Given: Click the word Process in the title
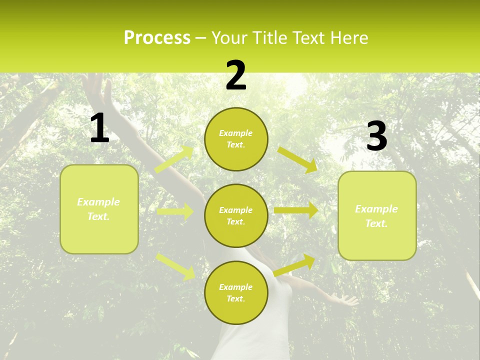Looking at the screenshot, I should coord(157,38).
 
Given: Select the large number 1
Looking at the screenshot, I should coord(99,128).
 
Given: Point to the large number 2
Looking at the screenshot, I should coord(236,75).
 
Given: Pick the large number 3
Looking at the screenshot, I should coord(376,136).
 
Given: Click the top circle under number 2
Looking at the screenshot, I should coord(236,139).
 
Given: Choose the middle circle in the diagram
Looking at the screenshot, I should coord(236,215).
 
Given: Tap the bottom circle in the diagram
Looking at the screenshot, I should coord(236,292).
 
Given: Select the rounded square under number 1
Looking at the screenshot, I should coord(99,209).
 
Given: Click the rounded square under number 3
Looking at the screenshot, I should coord(377,215).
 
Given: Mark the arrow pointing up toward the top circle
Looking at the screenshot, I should coord(174,159).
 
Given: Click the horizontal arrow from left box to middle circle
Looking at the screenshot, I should coord(175,212).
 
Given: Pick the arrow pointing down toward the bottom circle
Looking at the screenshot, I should coord(176,266).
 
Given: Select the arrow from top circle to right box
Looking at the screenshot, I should coord(297,160).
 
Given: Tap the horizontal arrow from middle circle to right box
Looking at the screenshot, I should coord(295,210).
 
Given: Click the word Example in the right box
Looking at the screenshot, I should coord(376,209).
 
